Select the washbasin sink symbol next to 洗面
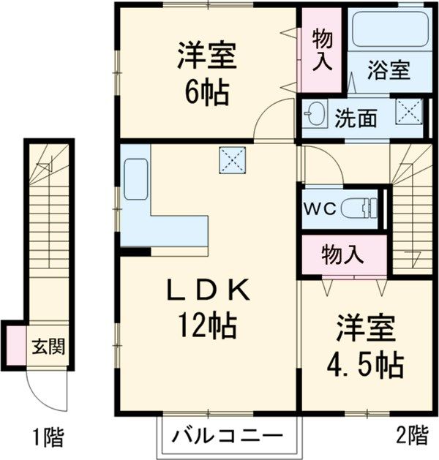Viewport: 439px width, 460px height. pos(317,115)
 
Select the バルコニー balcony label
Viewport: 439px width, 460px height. pos(228,437)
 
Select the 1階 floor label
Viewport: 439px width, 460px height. pos(48,439)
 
